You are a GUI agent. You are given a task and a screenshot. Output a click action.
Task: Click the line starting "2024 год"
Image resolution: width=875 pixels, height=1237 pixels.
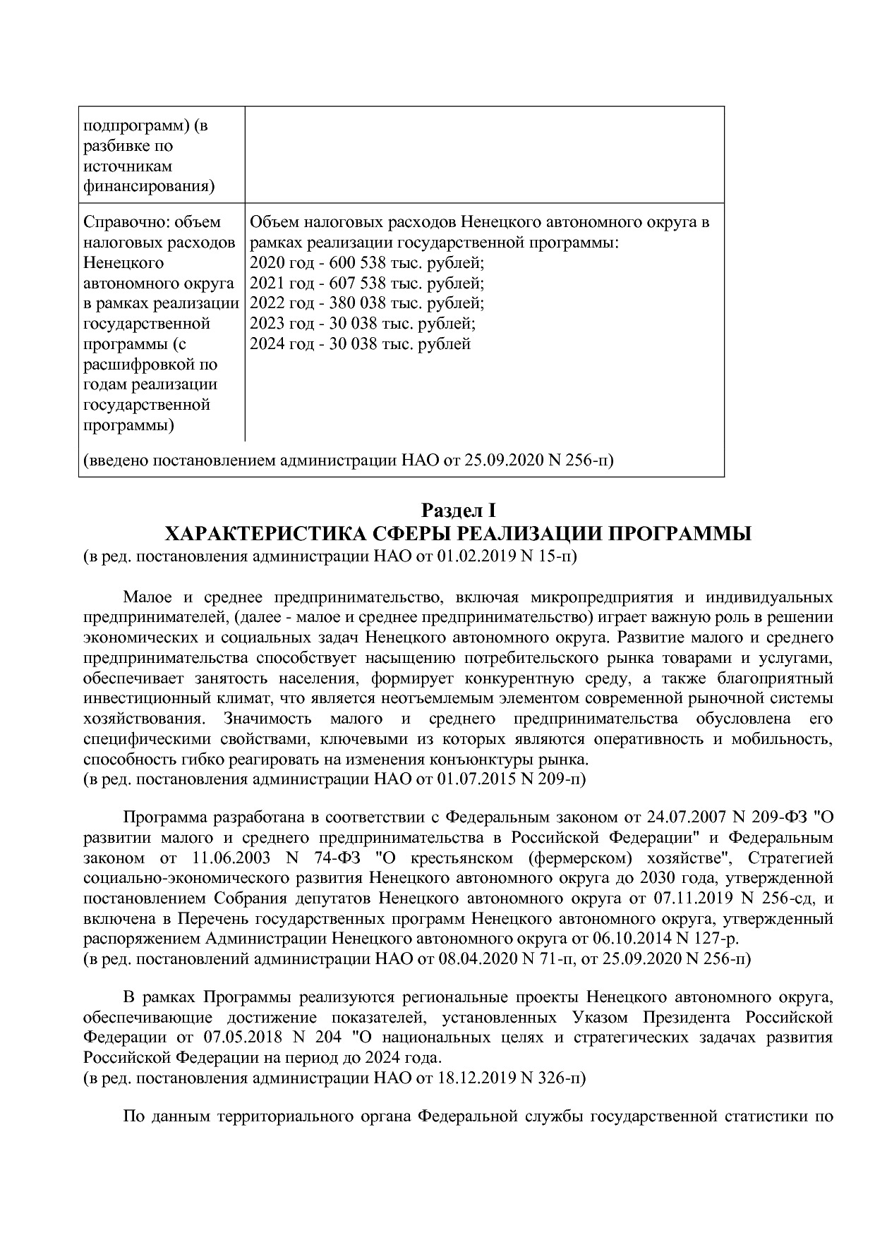point(360,344)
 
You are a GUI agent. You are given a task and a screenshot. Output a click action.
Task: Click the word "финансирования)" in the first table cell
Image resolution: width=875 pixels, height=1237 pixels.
point(149,187)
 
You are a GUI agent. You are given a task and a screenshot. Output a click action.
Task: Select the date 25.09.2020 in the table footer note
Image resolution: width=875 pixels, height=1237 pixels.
point(503,461)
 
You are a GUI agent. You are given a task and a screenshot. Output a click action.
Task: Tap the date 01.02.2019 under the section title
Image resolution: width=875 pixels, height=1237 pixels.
point(477,556)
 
